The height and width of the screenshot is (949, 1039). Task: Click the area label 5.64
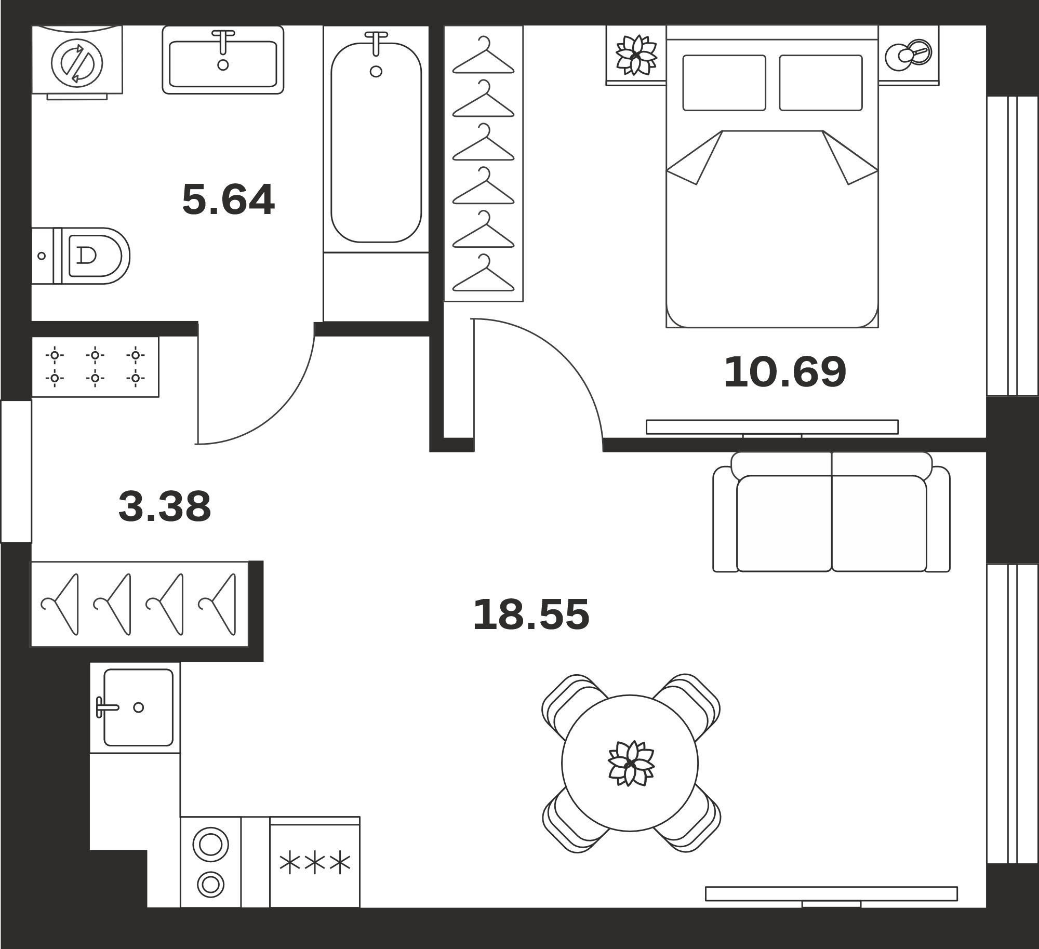pyautogui.click(x=228, y=199)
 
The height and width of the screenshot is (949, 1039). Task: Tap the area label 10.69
pyautogui.click(x=785, y=372)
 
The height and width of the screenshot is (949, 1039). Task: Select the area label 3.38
pyautogui.click(x=165, y=506)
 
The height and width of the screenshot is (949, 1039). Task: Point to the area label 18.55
pyautogui.click(x=531, y=614)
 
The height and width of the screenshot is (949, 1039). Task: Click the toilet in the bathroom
pyautogui.click(x=81, y=256)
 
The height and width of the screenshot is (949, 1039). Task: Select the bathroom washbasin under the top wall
pyautogui.click(x=223, y=60)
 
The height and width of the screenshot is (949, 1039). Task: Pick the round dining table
pyautogui.click(x=630, y=763)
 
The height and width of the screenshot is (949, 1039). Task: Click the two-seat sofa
pyautogui.click(x=831, y=512)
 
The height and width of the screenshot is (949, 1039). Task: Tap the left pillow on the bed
pyautogui.click(x=724, y=83)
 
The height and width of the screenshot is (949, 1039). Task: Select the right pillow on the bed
pyautogui.click(x=821, y=83)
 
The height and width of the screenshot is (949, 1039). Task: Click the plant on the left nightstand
pyautogui.click(x=636, y=55)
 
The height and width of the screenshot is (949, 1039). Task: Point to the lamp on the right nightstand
pyautogui.click(x=909, y=54)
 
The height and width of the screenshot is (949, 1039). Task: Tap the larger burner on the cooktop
pyautogui.click(x=210, y=845)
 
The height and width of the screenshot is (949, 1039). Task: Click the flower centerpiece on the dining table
pyautogui.click(x=631, y=763)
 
